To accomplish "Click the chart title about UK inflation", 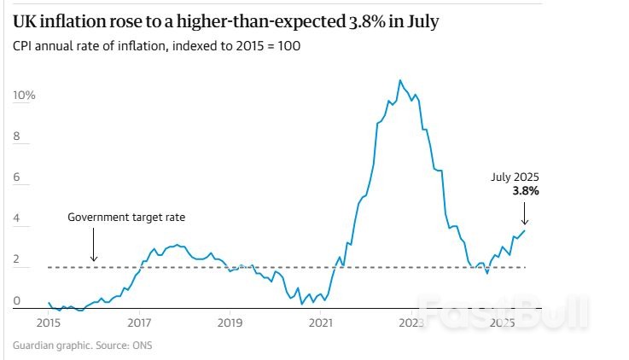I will [225, 21].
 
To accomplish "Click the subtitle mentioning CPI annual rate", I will [156, 45].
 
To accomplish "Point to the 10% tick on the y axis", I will [24, 95].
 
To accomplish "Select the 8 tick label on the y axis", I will [17, 136].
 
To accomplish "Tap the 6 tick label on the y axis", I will [17, 177].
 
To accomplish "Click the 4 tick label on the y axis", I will [17, 218].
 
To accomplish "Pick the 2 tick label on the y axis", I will [17, 260].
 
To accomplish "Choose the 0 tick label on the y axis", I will [17, 301].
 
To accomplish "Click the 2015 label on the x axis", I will [48, 323].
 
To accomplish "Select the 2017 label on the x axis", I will [139, 323].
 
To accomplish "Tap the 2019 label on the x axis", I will [230, 323].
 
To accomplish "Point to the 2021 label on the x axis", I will [321, 323].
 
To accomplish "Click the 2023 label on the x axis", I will [411, 323].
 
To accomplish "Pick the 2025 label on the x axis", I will [502, 323].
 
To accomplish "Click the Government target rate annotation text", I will [126, 218].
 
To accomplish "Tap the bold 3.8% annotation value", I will [526, 192].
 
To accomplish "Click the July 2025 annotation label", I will [515, 177].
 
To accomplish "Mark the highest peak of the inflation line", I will [399, 80].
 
